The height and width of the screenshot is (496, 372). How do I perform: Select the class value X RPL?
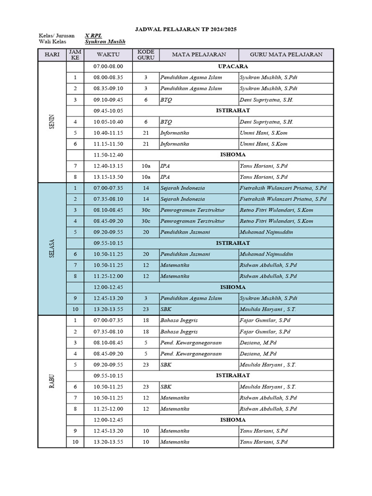pyautogui.click(x=93, y=35)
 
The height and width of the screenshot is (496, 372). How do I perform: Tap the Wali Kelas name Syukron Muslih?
pyautogui.click(x=105, y=42)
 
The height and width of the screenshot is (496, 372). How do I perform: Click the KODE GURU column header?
pyautogui.click(x=146, y=55)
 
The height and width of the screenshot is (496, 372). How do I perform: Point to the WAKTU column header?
pyautogui.click(x=108, y=55)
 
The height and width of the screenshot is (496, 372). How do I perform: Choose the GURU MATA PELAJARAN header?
pyautogui.click(x=286, y=55)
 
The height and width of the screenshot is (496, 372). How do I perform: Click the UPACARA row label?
pyautogui.click(x=233, y=66)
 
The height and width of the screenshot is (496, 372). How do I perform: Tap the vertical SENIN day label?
pyautogui.click(x=52, y=122)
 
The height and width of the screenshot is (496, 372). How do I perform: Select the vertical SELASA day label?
pyautogui.click(x=52, y=248)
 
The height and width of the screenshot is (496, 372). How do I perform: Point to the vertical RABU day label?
pyautogui.click(x=52, y=380)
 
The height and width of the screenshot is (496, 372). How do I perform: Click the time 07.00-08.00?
pyautogui.click(x=108, y=66)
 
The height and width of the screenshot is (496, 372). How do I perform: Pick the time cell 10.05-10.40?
pyautogui.click(x=108, y=122)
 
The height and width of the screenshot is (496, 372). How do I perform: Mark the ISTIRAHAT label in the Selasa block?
pyautogui.click(x=233, y=243)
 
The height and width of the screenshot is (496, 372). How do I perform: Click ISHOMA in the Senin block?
pyautogui.click(x=233, y=155)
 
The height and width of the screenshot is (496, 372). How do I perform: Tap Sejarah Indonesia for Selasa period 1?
pyautogui.click(x=182, y=188)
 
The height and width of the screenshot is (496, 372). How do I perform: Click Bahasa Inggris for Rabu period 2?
pyautogui.click(x=179, y=332)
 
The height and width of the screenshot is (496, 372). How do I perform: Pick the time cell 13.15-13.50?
pyautogui.click(x=108, y=177)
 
